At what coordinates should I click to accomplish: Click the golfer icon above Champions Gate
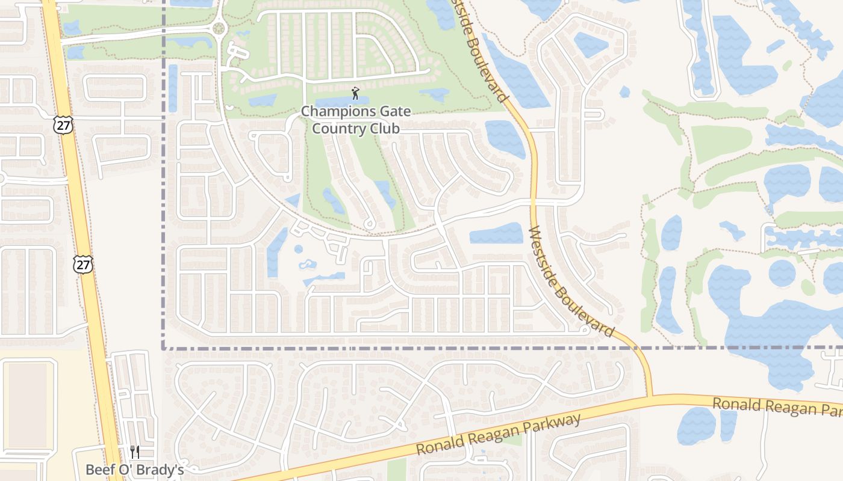[355, 93]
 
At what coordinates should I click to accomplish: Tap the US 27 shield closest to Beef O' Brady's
[83, 263]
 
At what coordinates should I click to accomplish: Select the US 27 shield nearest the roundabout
[61, 124]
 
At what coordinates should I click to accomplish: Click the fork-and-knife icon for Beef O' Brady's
[135, 452]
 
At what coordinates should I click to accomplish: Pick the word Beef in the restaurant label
[98, 470]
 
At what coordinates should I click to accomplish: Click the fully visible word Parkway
[553, 426]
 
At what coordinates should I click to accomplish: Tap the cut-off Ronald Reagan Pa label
[777, 407]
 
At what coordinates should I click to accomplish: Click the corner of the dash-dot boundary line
[164, 348]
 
